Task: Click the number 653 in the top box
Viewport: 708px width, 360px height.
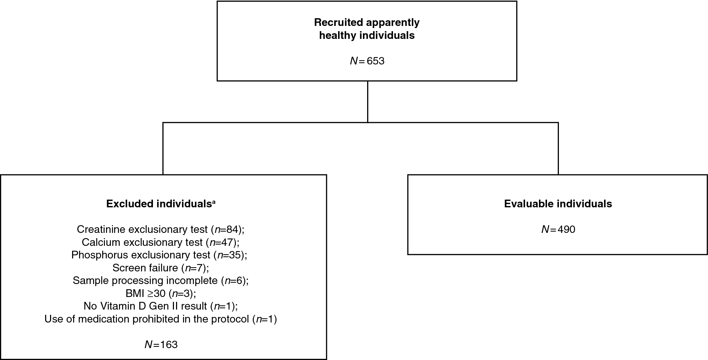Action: [x=376, y=61]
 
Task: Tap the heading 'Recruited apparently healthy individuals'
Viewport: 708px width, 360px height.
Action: [x=367, y=29]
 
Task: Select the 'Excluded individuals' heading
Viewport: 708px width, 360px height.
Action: [x=157, y=204]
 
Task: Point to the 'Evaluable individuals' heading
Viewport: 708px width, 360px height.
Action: [x=558, y=204]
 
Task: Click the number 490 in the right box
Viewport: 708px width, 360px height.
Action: [x=566, y=229]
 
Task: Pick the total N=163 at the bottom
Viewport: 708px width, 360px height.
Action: [x=161, y=345]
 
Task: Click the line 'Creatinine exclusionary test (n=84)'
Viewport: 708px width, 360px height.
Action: [x=160, y=229]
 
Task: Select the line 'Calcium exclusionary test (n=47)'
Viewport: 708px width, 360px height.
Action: [x=160, y=242]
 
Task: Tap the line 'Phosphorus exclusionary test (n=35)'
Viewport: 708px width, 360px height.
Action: [x=159, y=255]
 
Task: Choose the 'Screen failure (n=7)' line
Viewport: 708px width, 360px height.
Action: [x=160, y=268]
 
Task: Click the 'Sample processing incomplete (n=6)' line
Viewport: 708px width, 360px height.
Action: [x=160, y=281]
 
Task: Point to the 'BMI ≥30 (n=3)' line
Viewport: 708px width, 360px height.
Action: [x=160, y=293]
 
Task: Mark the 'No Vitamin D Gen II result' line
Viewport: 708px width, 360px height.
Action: [x=160, y=306]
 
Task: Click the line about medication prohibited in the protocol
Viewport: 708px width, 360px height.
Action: [x=160, y=319]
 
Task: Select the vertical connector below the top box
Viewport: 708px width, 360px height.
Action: [x=367, y=102]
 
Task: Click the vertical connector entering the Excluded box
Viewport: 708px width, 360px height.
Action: [x=163, y=148]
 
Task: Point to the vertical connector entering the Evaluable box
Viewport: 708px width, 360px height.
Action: [x=558, y=148]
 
